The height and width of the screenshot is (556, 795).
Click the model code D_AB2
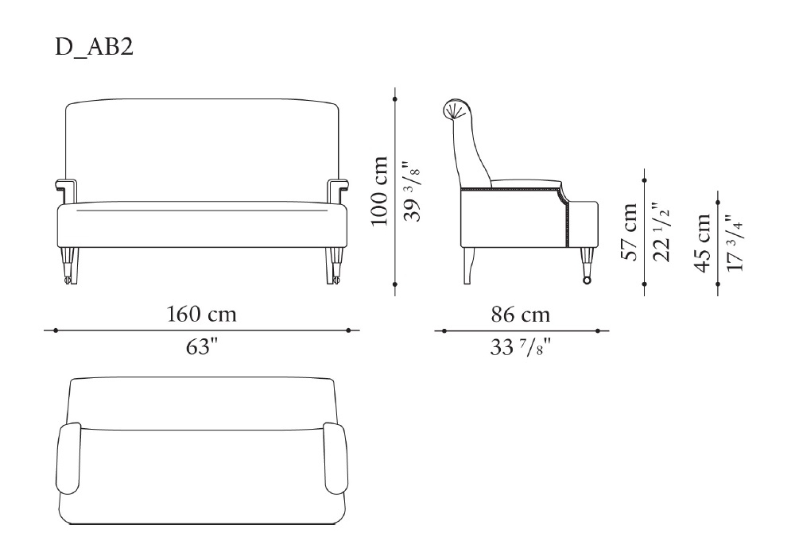(94, 47)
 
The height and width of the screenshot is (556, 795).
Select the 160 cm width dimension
(202, 315)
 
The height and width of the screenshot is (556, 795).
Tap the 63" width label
(201, 347)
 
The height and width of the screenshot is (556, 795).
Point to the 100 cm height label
(379, 191)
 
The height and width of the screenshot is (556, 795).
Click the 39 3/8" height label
(412, 191)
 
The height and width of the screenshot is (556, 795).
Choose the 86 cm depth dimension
(520, 315)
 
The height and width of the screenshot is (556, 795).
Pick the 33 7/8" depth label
(520, 347)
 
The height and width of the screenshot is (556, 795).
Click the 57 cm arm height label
(629, 232)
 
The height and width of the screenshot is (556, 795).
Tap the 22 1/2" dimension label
(661, 231)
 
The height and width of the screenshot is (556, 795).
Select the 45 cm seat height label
(703, 243)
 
